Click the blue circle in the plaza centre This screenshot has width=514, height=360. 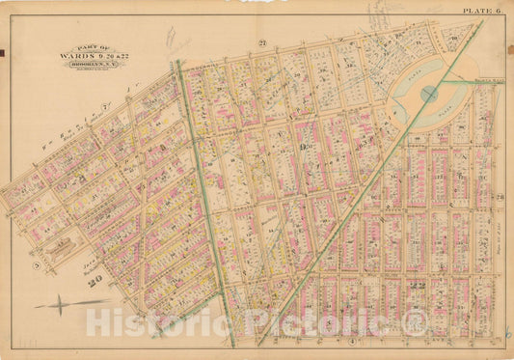429,94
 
